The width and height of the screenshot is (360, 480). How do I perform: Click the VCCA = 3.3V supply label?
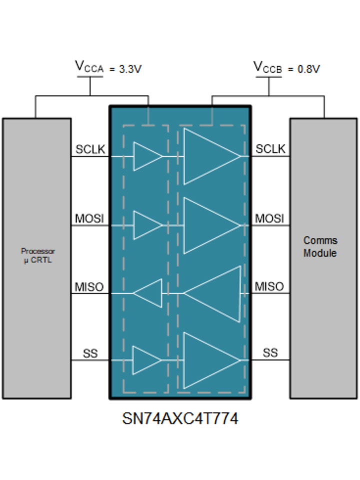coord(108,68)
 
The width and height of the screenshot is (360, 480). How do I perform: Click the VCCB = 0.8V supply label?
coord(286,68)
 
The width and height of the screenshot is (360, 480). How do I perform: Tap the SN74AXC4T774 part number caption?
coord(180,418)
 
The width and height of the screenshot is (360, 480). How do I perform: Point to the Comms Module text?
coord(320,246)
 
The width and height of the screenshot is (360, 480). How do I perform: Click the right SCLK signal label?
coord(270,149)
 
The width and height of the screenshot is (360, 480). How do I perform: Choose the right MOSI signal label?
coord(269,218)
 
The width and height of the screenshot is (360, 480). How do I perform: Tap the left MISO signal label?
coord(89,287)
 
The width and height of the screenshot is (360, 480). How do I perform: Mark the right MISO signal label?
coord(269,287)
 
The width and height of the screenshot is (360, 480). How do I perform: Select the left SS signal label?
coord(90,354)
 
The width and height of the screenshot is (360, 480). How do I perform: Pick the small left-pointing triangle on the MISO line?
coord(149,293)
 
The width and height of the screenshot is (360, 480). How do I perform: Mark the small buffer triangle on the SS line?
coord(145,360)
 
